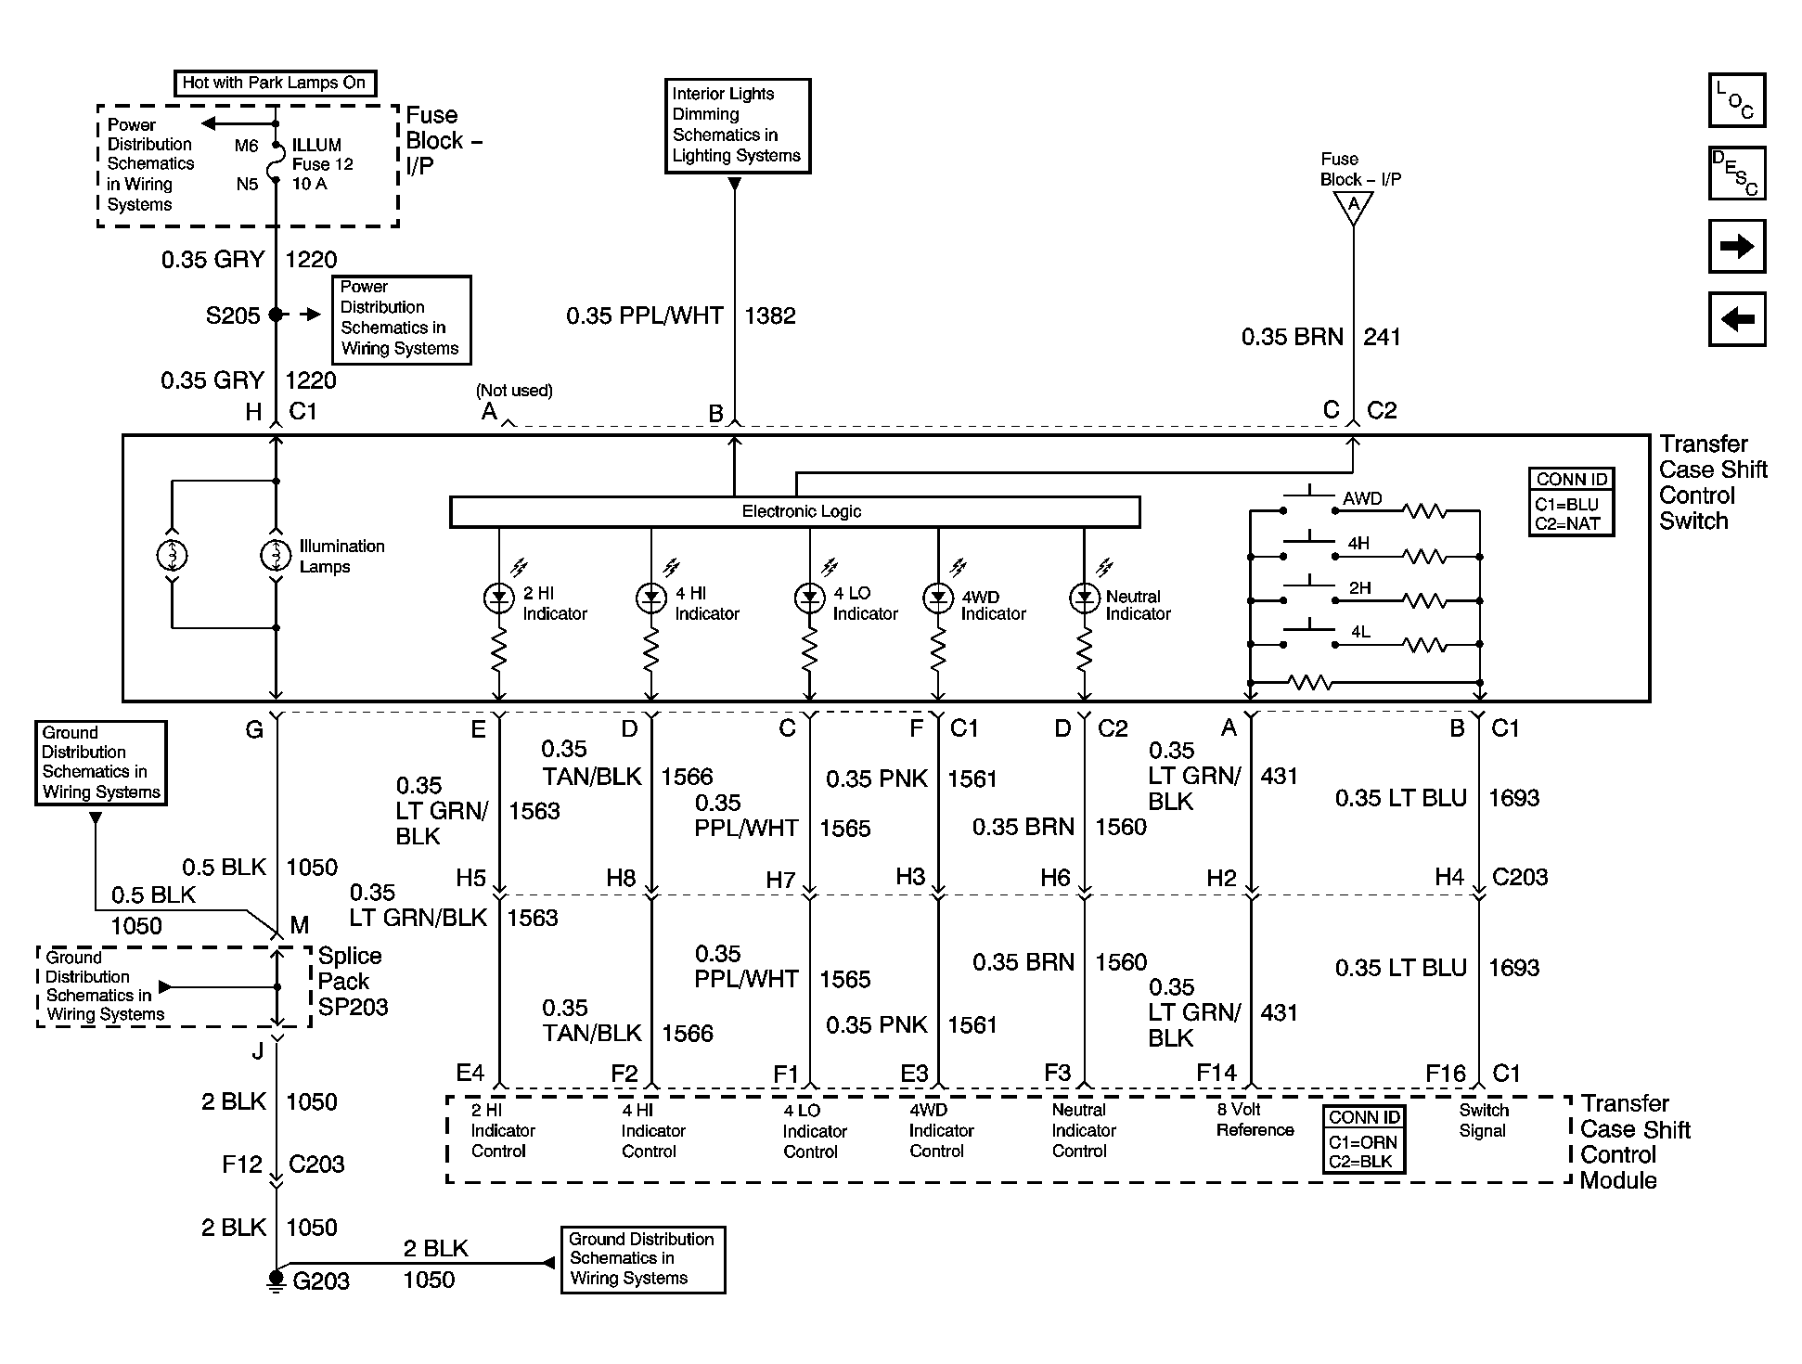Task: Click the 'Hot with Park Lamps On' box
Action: (275, 83)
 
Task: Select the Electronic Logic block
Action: (795, 512)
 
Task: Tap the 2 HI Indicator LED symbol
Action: (499, 598)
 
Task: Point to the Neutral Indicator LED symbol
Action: (1084, 598)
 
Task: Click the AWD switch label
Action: (1362, 498)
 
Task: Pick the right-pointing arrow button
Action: (1736, 247)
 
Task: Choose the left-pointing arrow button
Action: (1736, 320)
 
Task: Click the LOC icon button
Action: (1736, 100)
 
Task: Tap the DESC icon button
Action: (1736, 174)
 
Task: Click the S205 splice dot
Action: (276, 315)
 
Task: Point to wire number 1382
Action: (770, 315)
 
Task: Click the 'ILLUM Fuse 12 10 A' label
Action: (322, 164)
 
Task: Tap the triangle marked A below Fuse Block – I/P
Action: (1353, 206)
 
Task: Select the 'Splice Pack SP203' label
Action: (353, 982)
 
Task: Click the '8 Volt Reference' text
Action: (1255, 1120)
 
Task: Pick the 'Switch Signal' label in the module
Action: (1483, 1120)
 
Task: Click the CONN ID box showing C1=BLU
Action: (1571, 502)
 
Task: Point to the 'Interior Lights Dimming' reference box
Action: (738, 125)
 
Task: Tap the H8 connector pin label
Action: (621, 878)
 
